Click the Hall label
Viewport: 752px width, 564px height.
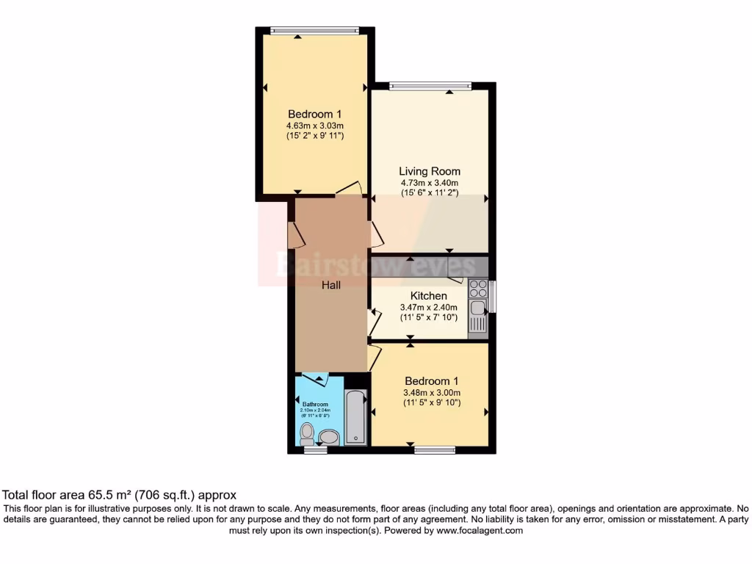[330, 285]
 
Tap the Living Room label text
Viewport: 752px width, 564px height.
[429, 171]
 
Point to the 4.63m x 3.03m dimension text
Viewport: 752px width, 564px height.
[315, 126]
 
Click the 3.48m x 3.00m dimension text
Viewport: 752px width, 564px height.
[432, 392]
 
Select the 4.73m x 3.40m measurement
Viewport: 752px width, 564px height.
[429, 183]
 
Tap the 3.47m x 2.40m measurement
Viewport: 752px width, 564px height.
[428, 307]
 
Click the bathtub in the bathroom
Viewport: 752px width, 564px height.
[355, 418]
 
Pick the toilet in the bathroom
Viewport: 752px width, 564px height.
[307, 432]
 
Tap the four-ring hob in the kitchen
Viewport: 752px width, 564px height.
[478, 286]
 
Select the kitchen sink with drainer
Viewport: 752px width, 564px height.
[478, 316]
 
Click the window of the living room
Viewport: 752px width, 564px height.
[430, 86]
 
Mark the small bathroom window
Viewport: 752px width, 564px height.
[316, 449]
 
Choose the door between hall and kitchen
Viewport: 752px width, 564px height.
[375, 321]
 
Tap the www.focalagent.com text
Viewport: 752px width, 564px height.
[480, 530]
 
